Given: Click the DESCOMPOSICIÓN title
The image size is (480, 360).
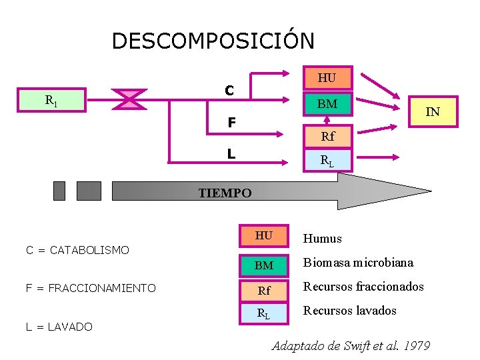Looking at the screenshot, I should click(213, 41).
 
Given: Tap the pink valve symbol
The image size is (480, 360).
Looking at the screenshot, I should click(129, 99).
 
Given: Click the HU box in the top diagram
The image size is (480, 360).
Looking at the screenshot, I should click(327, 77).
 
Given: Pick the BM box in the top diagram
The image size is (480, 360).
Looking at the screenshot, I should click(327, 104).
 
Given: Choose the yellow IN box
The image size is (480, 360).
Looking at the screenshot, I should click(433, 112).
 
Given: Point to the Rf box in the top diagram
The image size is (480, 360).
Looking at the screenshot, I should click(327, 137).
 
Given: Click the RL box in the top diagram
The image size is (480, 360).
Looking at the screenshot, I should click(327, 160).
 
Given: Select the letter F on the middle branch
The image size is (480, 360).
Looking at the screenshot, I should click(231, 123).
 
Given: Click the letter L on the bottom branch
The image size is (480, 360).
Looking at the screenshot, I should click(231, 154).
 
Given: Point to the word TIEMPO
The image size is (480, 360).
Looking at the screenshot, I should click(225, 193).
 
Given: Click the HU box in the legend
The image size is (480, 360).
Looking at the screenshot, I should click(264, 235).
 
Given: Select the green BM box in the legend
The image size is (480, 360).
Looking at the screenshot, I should click(264, 265).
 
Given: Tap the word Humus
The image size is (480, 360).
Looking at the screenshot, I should click(322, 239).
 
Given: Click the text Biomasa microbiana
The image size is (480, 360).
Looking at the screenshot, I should click(358, 263).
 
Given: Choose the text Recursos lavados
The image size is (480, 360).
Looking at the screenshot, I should click(349, 311).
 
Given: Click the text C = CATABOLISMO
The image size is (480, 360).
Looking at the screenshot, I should click(77, 250).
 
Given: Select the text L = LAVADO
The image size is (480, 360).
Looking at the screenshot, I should click(59, 326).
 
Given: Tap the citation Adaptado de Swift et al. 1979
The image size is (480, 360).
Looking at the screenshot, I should click(351, 346).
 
